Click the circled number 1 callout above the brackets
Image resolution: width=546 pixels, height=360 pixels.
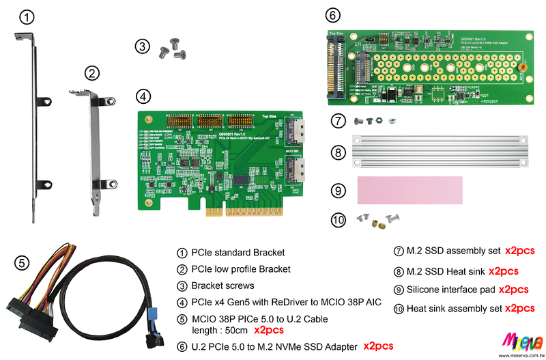(x=25, y=18)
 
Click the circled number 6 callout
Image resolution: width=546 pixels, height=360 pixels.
(x=331, y=14)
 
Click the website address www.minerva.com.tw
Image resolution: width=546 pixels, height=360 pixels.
(x=522, y=355)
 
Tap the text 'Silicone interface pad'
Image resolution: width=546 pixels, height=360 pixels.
(x=450, y=290)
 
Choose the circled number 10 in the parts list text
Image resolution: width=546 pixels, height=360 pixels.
(x=398, y=309)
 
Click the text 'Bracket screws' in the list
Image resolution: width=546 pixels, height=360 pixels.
(x=222, y=286)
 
